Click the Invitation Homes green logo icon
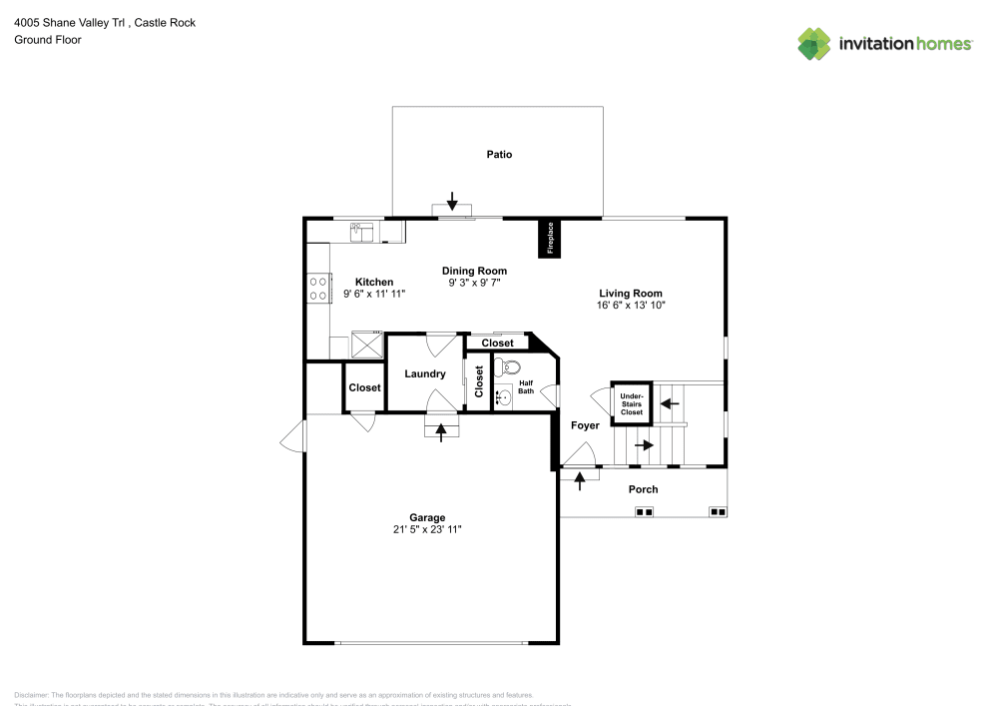(814, 43)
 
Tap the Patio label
(499, 155)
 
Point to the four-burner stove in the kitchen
(319, 289)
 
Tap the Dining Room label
(474, 271)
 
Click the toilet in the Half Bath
(511, 367)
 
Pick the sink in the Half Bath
(504, 397)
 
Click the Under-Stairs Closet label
(632, 403)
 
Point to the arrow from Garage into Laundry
(441, 432)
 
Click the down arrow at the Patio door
(452, 202)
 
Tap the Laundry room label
(424, 374)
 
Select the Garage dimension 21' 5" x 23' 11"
(427, 529)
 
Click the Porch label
(643, 489)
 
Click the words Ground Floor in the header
(47, 40)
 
